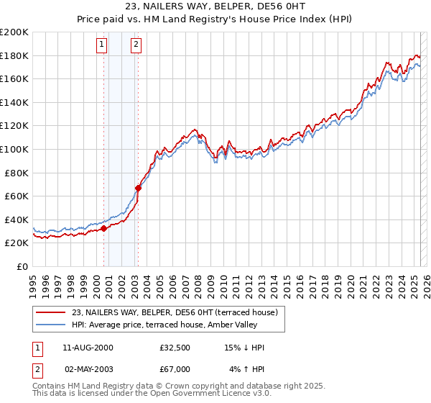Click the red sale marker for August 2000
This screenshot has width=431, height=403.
pos(103,228)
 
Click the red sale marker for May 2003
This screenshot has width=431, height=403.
pos(138,189)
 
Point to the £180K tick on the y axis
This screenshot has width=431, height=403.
pos(14,55)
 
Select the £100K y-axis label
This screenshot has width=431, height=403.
pos(14,149)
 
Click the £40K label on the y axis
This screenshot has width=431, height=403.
pos(17,219)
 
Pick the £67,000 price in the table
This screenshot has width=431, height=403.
pos(175,369)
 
